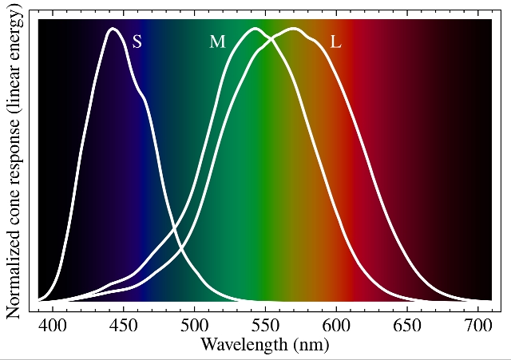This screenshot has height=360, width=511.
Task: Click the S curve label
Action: [137, 42]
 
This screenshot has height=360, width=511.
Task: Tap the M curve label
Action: [217, 42]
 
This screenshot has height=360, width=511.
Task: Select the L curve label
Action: [335, 42]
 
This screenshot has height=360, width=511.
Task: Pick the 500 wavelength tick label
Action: [194, 326]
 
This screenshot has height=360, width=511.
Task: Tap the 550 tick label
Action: [265, 326]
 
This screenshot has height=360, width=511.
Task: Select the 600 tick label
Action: [335, 326]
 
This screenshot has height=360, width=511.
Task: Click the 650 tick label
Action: [406, 326]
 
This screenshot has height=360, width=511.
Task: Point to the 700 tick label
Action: [477, 326]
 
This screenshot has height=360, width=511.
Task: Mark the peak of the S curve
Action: [113, 29]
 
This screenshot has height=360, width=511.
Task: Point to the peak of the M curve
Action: [255, 29]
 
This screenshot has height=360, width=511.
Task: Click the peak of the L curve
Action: [294, 29]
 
